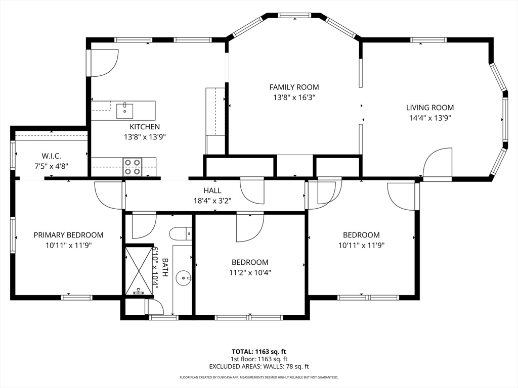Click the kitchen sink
124,111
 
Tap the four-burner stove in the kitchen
133,167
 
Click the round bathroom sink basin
183,278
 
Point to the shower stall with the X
140,270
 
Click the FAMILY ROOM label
294,87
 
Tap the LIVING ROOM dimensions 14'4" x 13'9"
430,118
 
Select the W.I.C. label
51,156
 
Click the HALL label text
212,190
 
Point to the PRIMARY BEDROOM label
68,235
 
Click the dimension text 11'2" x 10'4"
250,272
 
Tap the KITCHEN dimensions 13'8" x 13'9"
145,137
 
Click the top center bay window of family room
294,15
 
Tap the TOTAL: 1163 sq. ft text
256,352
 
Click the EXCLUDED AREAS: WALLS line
259,366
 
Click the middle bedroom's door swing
250,228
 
